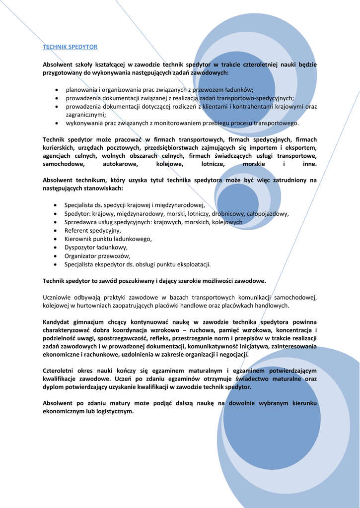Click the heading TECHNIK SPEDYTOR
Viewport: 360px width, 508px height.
tap(70, 47)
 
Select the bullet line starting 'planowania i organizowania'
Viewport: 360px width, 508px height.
tap(159, 90)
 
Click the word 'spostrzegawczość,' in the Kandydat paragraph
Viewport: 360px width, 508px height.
tap(127, 338)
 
